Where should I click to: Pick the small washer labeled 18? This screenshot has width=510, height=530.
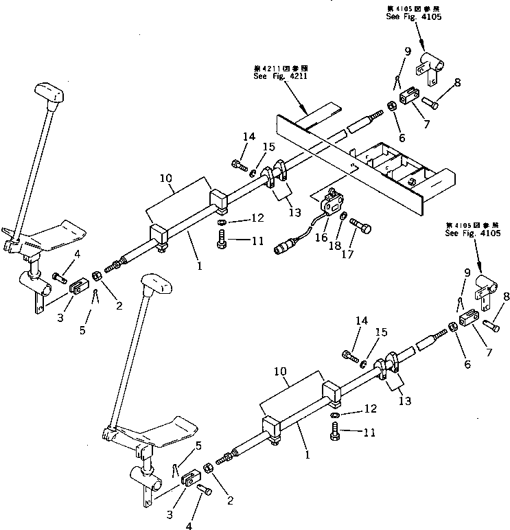pyautogui.click(x=343, y=218)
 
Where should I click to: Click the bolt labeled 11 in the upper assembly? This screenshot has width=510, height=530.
pyautogui.click(x=221, y=240)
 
